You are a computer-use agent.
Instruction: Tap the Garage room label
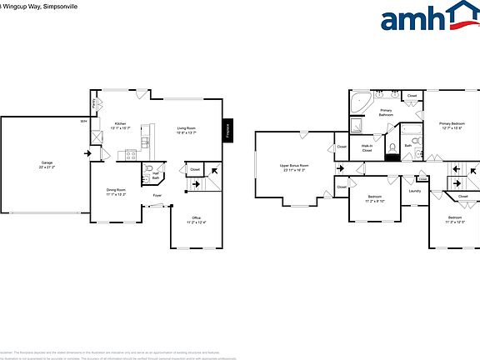(x=47, y=165)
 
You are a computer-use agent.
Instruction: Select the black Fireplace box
(x=227, y=130)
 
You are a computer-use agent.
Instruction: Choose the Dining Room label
(x=116, y=192)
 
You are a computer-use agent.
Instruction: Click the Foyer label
(x=157, y=197)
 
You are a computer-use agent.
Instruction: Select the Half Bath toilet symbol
(x=147, y=177)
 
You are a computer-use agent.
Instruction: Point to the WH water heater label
(x=83, y=122)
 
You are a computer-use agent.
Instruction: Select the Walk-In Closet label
(x=367, y=148)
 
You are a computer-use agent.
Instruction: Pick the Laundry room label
(x=415, y=192)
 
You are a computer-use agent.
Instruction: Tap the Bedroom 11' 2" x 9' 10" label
(x=376, y=198)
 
